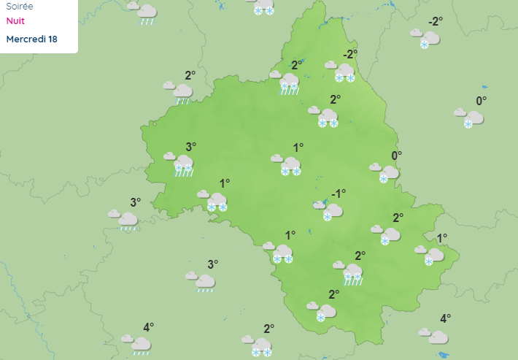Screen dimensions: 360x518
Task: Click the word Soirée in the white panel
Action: pyautogui.click(x=19, y=6)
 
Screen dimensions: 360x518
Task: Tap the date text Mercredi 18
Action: pyautogui.click(x=31, y=39)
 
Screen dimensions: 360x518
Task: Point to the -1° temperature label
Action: pyautogui.click(x=338, y=194)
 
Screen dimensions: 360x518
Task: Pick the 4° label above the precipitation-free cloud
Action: pyautogui.click(x=445, y=318)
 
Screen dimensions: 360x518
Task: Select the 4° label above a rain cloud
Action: pyautogui.click(x=148, y=327)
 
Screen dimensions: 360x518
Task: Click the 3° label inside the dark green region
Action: pyautogui.click(x=190, y=147)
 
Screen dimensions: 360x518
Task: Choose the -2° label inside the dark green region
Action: pyautogui.click(x=350, y=55)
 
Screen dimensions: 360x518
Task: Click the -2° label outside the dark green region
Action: pyautogui.click(x=436, y=21)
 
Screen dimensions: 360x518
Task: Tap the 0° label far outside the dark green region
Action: pyautogui.click(x=481, y=102)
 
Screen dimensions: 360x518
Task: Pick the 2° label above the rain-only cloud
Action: pyautogui.click(x=190, y=75)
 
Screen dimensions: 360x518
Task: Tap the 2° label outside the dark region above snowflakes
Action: pyautogui.click(x=268, y=329)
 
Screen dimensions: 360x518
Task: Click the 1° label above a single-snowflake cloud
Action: pyautogui.click(x=442, y=238)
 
